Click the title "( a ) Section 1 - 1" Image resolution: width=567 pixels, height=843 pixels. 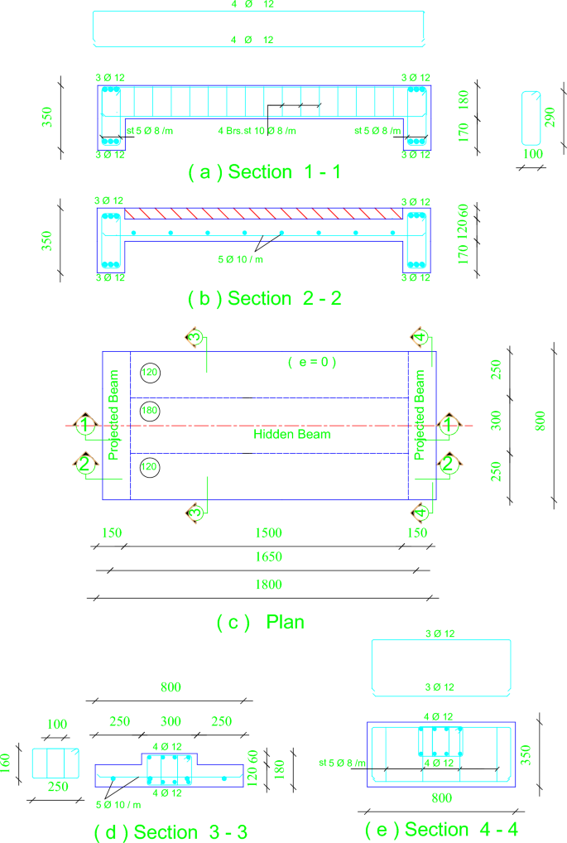(x=264, y=172)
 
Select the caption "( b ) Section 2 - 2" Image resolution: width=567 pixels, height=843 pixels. (x=264, y=299)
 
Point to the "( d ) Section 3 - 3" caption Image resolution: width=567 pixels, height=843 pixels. (x=173, y=831)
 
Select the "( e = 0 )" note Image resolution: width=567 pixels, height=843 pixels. (x=313, y=362)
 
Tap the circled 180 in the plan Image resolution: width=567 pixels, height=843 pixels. (x=150, y=409)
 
